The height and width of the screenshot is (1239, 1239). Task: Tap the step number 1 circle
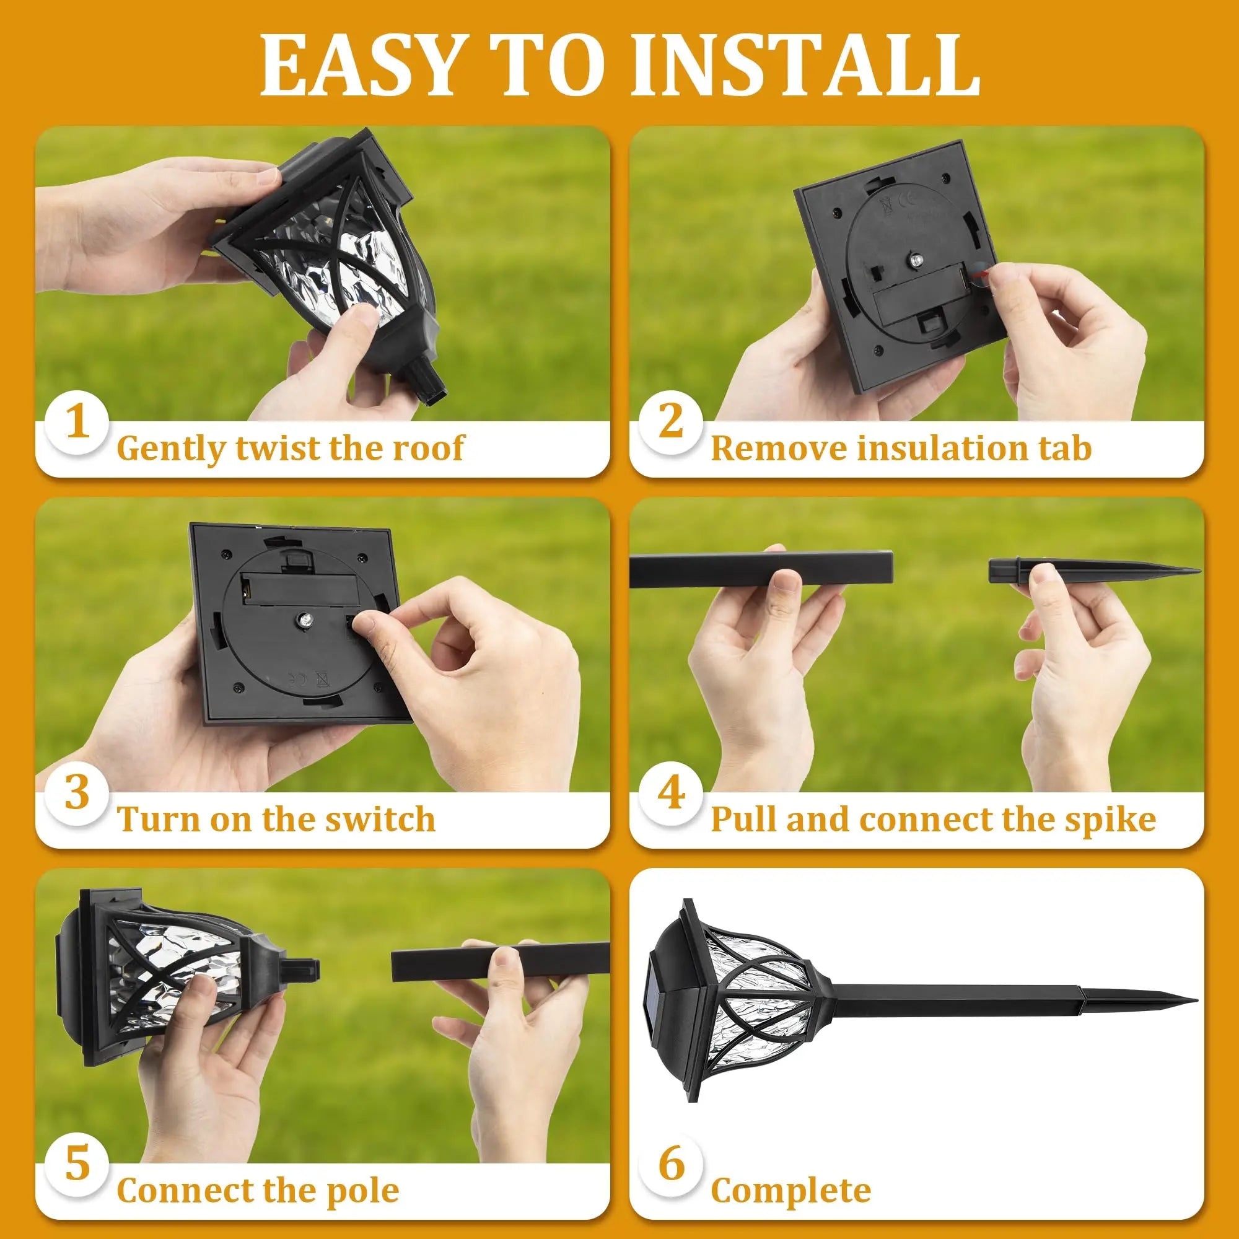pyautogui.click(x=77, y=422)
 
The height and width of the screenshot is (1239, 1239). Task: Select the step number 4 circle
pyautogui.click(x=671, y=794)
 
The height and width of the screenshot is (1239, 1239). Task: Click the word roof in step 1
pyautogui.click(x=427, y=448)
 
